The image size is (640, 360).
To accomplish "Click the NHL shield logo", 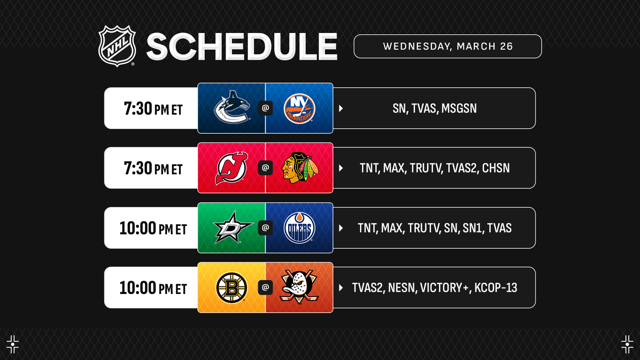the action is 117,46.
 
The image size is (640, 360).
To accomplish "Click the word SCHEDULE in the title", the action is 242,47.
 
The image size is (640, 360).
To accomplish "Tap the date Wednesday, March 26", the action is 448,46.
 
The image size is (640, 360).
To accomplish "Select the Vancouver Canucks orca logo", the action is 232,107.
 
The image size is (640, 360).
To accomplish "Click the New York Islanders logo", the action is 299,108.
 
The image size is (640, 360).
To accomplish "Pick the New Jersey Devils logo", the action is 232,168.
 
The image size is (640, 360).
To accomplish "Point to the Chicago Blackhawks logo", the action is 300,168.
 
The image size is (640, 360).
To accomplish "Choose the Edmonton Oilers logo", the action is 299,228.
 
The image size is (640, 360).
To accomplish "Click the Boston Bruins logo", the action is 232,288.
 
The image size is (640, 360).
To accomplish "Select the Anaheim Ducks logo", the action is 299,287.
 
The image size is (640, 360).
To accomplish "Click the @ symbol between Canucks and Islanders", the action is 265,108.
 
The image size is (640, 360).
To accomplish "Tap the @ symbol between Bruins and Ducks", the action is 265,287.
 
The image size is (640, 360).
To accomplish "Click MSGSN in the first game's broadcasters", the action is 459,108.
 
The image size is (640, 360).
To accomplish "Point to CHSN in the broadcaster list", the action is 496,168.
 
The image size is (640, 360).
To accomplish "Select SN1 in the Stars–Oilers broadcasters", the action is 472,228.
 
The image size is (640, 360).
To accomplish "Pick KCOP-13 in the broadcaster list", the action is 496,288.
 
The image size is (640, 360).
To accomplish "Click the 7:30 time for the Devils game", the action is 138,168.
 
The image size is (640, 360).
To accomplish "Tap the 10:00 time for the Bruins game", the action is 138,288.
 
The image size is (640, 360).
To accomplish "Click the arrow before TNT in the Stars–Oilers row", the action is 341,228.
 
